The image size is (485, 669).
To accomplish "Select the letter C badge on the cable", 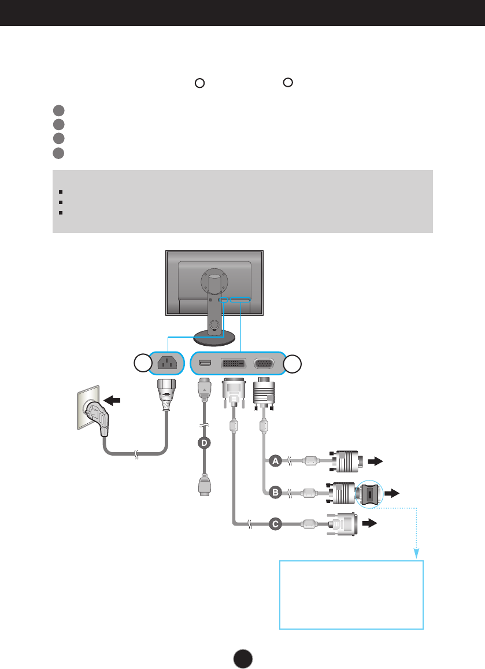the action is pos(275,524).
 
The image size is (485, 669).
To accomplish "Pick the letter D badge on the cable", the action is pos(203,443).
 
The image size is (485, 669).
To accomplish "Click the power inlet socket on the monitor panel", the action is pos(166,364).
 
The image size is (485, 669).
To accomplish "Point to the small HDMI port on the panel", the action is pos(203,364).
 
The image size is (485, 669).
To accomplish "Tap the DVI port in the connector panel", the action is pos(234,364).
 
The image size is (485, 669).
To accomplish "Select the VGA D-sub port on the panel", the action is pos(264,364).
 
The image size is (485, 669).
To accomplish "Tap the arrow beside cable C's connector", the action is pos(369,524).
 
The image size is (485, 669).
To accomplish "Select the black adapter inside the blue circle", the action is pos(369,494).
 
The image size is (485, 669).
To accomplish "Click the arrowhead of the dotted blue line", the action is pos(416,554).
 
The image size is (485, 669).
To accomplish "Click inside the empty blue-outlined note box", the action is pos(351,594).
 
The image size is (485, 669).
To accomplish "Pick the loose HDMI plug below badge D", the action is pos(203,485).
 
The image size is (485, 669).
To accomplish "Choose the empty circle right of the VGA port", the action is pos(295,364).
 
